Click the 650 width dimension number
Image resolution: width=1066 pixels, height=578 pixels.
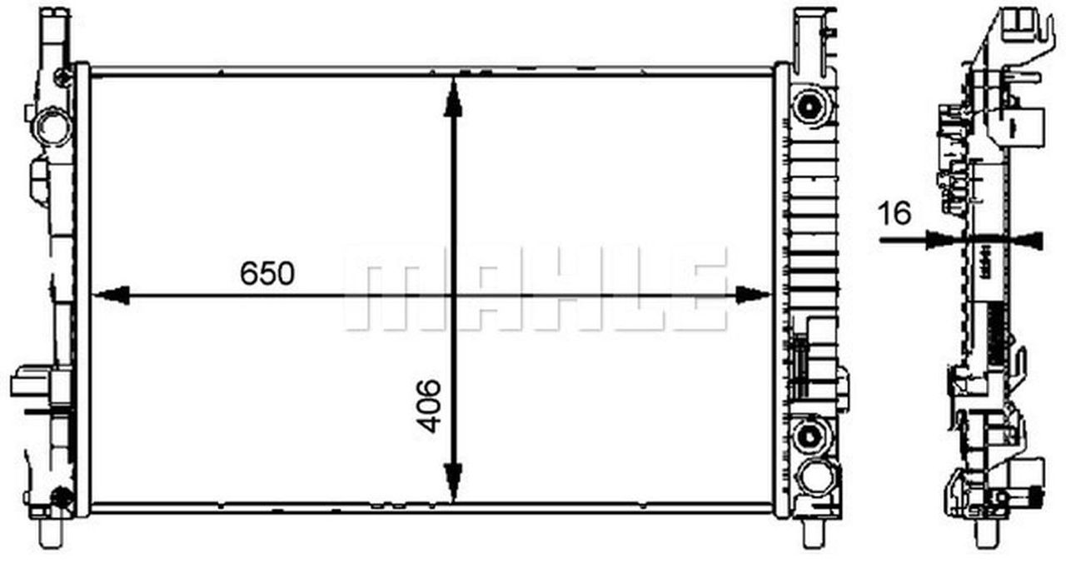point(267,273)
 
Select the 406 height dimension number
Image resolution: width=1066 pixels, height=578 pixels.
point(429,406)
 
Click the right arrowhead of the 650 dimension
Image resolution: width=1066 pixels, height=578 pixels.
point(752,295)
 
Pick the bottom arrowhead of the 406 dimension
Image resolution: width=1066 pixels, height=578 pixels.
point(453,481)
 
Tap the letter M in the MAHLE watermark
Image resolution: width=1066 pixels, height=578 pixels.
point(384,287)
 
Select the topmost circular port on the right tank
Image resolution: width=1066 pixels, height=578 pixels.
point(809,107)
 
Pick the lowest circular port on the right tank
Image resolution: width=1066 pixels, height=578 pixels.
point(812,478)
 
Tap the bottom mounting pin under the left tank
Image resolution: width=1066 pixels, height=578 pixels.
point(47,531)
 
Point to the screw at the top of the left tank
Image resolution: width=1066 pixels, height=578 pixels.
point(63,77)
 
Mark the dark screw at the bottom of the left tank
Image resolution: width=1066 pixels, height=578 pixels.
point(61,497)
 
